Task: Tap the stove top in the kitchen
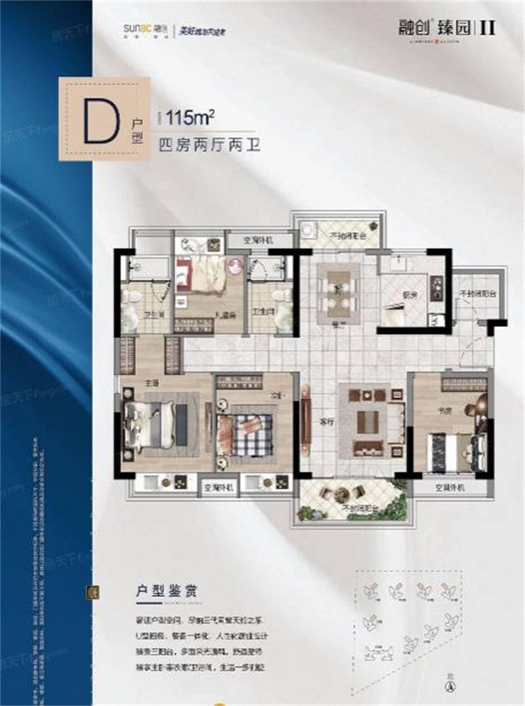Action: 436,288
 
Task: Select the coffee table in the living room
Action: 368,422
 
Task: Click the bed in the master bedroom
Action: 152,425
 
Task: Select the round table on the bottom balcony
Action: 341,495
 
